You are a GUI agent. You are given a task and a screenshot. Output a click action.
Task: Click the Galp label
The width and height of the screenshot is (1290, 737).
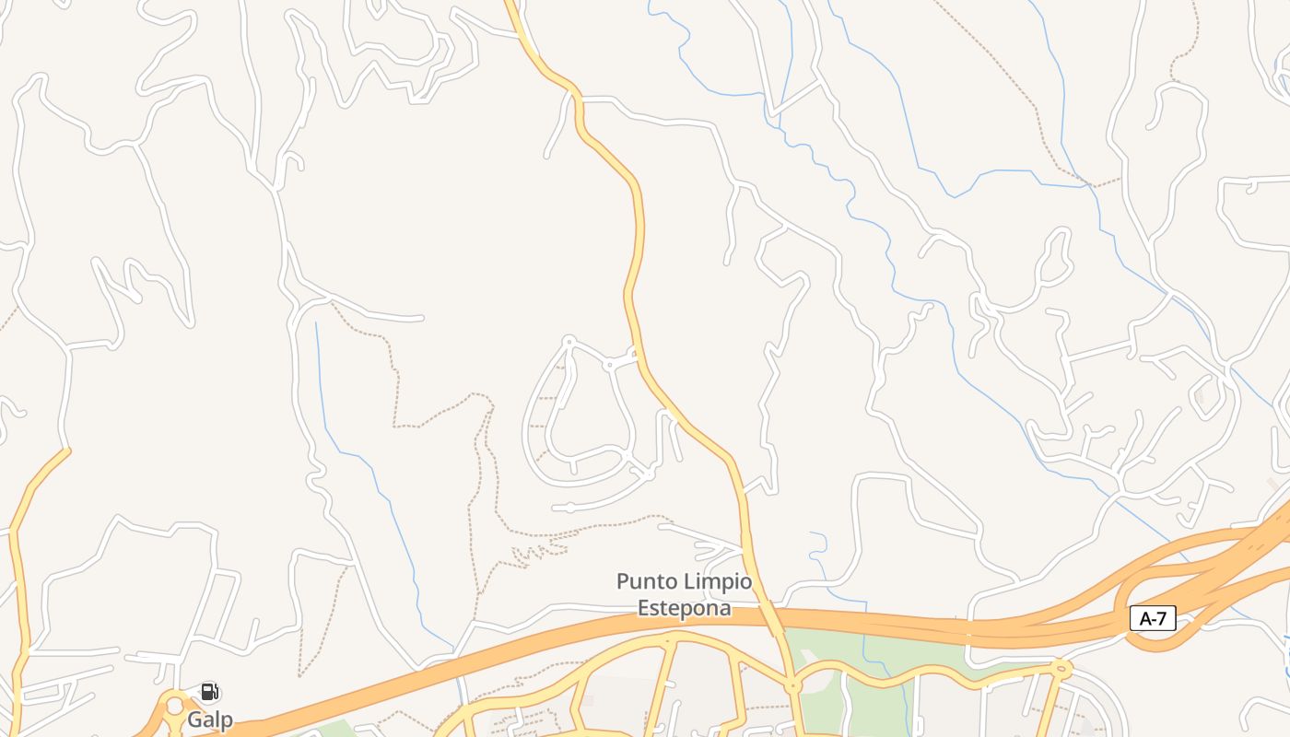(x=210, y=719)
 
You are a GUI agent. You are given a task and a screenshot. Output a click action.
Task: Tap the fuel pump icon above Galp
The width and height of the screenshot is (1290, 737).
(x=209, y=692)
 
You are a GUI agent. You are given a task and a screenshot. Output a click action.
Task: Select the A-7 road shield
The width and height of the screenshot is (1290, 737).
(x=1153, y=619)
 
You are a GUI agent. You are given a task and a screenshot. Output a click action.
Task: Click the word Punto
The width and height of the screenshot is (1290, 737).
(x=649, y=582)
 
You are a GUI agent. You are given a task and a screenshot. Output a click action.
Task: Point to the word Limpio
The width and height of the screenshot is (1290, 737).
(x=717, y=582)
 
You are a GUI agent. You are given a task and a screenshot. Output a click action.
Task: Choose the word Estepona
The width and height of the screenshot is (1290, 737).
(x=685, y=609)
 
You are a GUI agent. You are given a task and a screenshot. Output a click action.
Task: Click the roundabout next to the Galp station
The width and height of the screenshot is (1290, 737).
(x=174, y=708)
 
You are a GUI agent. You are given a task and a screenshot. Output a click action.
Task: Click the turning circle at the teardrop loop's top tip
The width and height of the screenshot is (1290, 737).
(x=569, y=342)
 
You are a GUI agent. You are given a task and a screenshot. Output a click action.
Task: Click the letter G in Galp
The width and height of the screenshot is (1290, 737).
(x=195, y=719)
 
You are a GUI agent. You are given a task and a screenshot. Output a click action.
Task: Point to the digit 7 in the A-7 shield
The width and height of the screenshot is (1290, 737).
(x=1162, y=619)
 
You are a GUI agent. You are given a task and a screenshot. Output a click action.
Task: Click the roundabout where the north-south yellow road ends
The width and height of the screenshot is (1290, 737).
(x=792, y=686)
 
